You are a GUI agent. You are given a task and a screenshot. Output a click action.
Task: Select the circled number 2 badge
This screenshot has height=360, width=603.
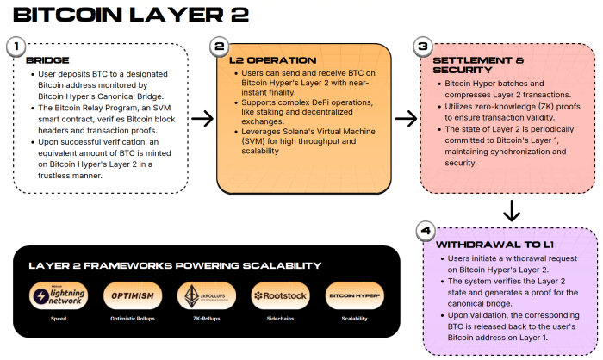coord(221,46)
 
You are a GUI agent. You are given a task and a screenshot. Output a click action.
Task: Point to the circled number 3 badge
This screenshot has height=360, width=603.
coord(422,46)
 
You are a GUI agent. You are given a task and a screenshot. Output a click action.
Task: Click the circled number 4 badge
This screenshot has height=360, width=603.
coord(424,230)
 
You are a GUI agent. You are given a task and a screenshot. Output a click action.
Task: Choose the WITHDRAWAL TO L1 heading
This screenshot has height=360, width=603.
coord(483,245)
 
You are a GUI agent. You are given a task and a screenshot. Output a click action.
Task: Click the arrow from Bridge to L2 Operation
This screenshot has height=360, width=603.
coord(202,119)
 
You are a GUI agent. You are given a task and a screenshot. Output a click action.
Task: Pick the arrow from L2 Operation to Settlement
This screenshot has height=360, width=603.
coord(406,119)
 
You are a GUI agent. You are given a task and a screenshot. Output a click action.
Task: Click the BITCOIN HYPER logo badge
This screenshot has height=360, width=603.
coord(355,296)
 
